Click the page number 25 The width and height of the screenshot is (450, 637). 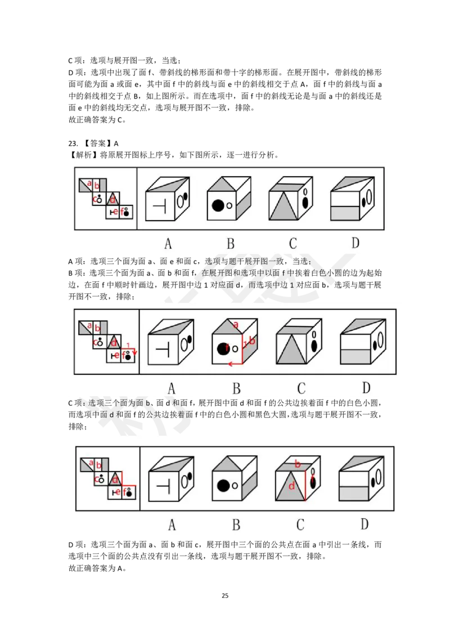(225, 595)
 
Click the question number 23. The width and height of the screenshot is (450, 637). (73, 143)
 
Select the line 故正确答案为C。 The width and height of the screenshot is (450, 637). (97, 120)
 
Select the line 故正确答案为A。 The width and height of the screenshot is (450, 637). (97, 568)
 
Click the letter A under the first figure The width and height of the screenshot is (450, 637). (168, 243)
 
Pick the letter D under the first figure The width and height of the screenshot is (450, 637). (355, 243)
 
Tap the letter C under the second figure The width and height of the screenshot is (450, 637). (301, 388)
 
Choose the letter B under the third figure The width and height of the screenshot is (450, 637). (236, 524)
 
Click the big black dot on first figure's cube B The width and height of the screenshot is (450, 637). (218, 205)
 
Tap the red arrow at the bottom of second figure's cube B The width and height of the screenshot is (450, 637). (236, 364)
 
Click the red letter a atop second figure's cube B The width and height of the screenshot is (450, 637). (236, 325)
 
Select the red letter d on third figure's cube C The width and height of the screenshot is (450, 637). (291, 486)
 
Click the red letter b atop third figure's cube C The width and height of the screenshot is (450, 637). (298, 464)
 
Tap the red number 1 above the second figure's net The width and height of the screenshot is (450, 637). (128, 345)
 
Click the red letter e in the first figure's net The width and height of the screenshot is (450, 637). (116, 211)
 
